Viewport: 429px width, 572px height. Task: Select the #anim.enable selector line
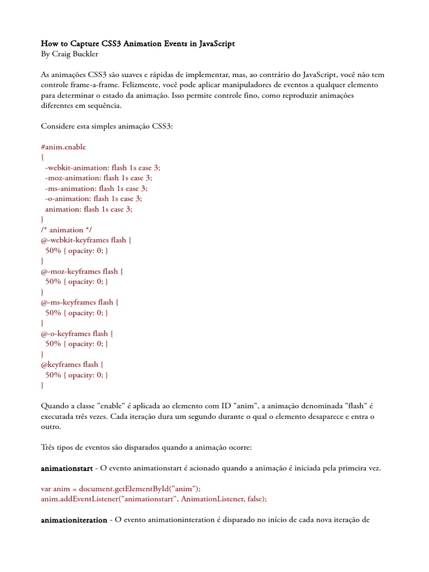pyautogui.click(x=64, y=147)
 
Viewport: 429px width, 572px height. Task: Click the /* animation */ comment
pyautogui.click(x=66, y=230)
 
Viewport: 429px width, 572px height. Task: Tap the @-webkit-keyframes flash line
pyautogui.click(x=87, y=240)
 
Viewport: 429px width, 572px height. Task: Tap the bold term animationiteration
pyautogui.click(x=74, y=520)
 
